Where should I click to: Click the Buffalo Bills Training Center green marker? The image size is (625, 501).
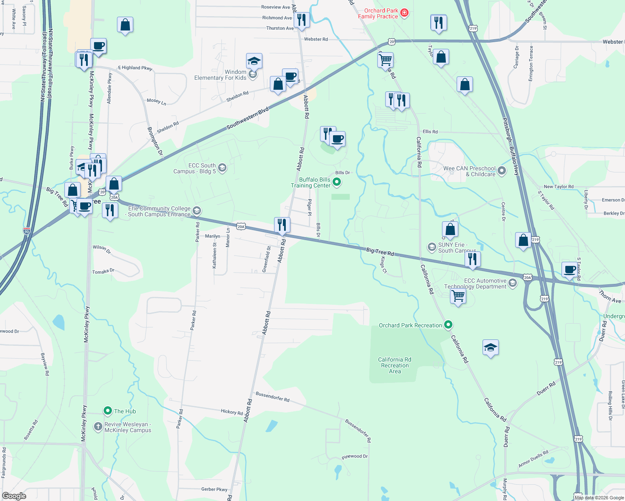tap(337, 182)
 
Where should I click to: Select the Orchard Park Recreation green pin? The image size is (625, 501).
tap(448, 324)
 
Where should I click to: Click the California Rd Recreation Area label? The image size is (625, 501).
tap(394, 365)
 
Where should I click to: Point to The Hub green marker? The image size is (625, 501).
tap(108, 411)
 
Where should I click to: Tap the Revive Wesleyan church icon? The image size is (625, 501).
tap(98, 427)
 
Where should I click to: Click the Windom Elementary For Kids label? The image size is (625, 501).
tap(220, 75)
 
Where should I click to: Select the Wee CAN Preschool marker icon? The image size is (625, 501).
tap(502, 170)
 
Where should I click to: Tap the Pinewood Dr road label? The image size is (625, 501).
tap(355, 457)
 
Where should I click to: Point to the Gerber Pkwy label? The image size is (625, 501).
tap(214, 489)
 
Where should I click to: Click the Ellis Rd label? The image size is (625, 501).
tap(430, 132)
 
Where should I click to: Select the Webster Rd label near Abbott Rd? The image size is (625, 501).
tap(316, 39)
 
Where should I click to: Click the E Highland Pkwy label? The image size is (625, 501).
tap(135, 68)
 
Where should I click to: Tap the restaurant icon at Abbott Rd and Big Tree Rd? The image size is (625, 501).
tap(282, 225)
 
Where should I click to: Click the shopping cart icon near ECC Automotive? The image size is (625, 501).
tap(458, 296)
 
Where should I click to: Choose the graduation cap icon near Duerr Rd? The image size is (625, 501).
tap(490, 347)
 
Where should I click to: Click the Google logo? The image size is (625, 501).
tap(14, 496)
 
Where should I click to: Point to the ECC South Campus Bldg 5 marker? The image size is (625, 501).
tap(222, 168)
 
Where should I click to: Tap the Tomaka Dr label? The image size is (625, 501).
tap(103, 271)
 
